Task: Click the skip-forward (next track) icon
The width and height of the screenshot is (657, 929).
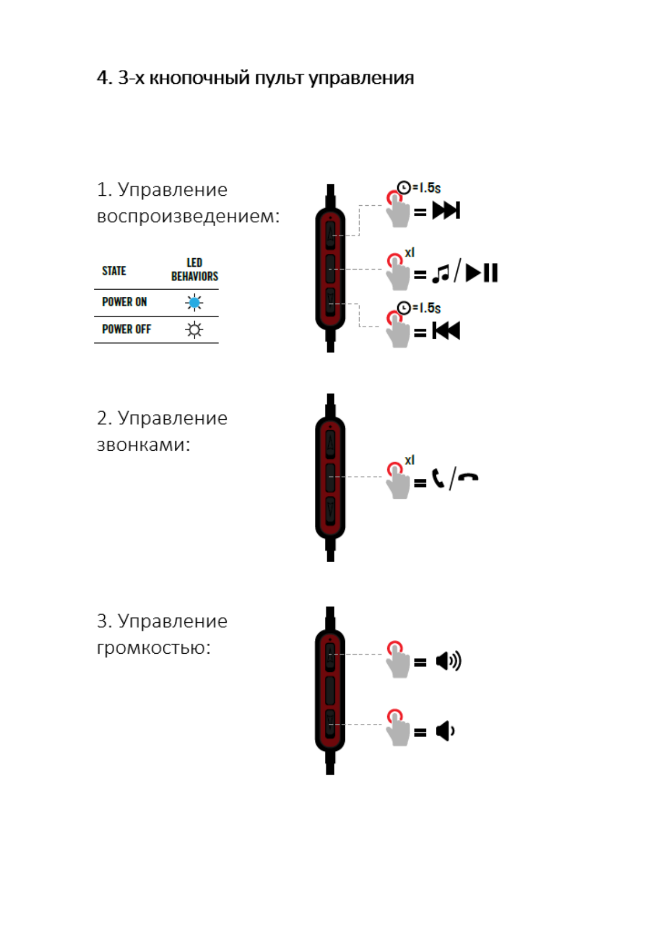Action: click(x=446, y=210)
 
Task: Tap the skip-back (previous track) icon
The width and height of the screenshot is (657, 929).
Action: click(x=446, y=330)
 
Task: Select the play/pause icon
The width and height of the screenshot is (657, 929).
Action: click(x=482, y=273)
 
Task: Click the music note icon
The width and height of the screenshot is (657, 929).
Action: click(x=441, y=273)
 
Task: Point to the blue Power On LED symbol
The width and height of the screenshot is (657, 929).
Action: click(x=194, y=302)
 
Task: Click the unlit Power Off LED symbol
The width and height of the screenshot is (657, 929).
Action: click(x=194, y=330)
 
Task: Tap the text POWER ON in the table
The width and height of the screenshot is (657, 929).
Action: click(x=124, y=302)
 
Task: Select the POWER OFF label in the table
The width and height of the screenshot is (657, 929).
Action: click(x=126, y=329)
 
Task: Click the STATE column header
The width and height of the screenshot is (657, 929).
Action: click(x=114, y=271)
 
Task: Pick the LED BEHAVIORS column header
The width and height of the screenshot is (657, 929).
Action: click(x=194, y=269)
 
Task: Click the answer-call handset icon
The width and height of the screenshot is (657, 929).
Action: click(x=439, y=478)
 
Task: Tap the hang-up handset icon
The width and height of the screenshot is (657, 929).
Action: click(x=468, y=478)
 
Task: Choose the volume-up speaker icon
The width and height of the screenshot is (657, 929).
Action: click(x=448, y=660)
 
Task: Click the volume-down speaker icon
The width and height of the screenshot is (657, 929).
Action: click(x=445, y=731)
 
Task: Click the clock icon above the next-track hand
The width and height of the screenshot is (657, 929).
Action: click(x=404, y=188)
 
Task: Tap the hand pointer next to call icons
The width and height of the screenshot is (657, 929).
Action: click(x=397, y=481)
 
